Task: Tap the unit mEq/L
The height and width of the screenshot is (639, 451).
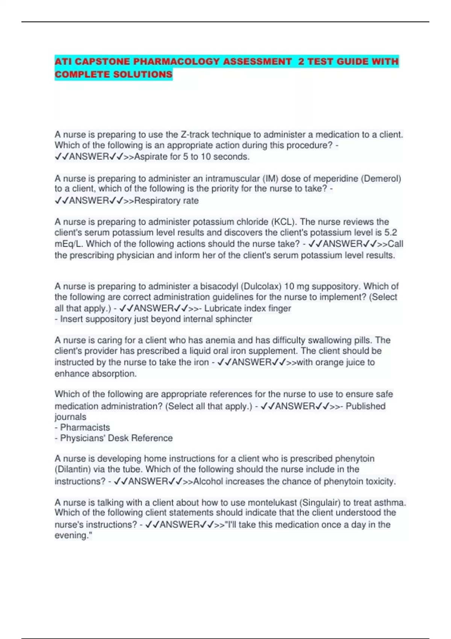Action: coord(69,244)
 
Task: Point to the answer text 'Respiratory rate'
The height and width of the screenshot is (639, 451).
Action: coord(166,201)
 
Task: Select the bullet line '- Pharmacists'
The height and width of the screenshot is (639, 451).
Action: coord(83,427)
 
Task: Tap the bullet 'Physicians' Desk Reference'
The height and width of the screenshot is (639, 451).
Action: coord(116,438)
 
